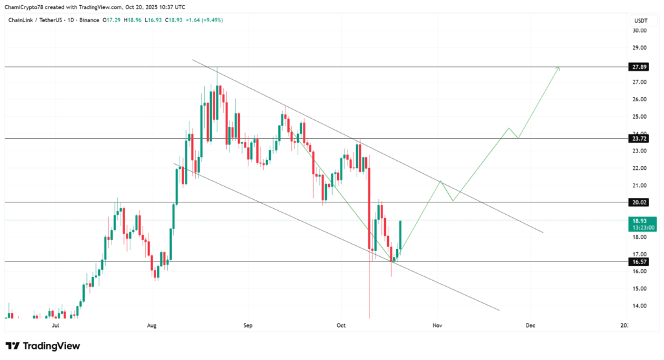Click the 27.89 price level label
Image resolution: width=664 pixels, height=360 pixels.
coord(638,67)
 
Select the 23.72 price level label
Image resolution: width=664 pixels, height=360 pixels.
coord(638,139)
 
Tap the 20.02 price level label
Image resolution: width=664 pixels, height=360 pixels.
coord(638,202)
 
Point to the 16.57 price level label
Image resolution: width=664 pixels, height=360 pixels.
coord(638,261)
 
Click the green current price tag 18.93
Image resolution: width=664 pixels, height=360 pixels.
coord(638,221)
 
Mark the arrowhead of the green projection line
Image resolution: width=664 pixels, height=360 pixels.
coord(558,67)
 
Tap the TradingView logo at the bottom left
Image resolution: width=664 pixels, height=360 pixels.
coord(43,346)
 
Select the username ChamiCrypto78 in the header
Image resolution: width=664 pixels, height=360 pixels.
coord(24,6)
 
